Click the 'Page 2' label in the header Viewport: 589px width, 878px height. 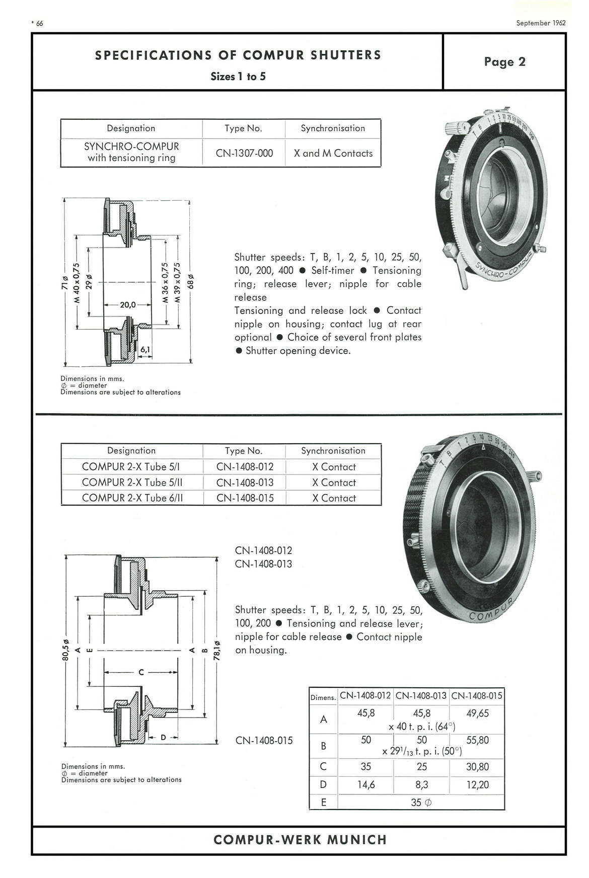point(504,62)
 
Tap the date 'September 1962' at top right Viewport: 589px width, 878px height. point(541,23)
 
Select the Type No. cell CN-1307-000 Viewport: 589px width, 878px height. point(244,153)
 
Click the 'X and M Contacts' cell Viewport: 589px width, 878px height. point(333,153)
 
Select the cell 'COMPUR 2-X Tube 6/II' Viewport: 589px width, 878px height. point(132,498)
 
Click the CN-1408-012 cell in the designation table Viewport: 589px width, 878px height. point(245,467)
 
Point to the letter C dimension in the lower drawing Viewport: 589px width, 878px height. point(141,672)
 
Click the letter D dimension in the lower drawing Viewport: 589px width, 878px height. point(163,738)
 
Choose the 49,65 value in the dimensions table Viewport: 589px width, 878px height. point(477,713)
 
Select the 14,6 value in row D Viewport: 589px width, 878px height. point(366,784)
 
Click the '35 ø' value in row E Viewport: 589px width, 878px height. point(421,803)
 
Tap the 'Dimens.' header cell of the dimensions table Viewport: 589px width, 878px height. point(323,698)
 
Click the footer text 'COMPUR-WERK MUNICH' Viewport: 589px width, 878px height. point(300,840)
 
